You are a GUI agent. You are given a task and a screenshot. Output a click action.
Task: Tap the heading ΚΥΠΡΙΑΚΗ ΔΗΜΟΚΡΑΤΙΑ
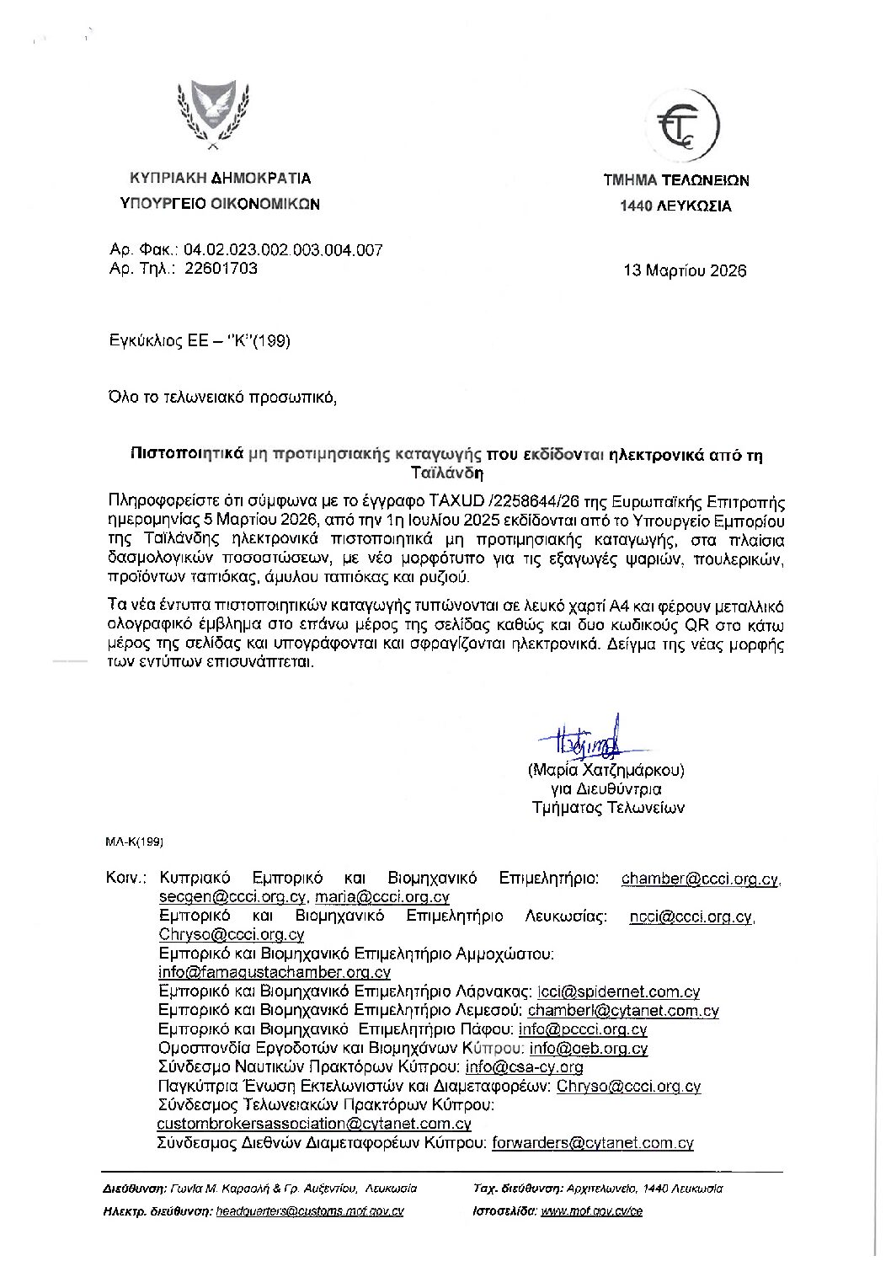tap(220, 179)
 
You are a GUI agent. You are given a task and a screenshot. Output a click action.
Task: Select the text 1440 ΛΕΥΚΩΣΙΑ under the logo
tap(675, 206)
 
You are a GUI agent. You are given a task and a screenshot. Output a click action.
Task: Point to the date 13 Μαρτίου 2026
tap(684, 271)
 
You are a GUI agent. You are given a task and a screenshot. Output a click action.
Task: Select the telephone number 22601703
tap(220, 269)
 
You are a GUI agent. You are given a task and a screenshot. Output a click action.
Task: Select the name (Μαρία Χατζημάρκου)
tap(606, 770)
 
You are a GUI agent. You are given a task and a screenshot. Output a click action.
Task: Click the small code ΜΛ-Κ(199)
tap(134, 841)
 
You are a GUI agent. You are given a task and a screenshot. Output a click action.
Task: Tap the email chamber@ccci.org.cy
tap(700, 879)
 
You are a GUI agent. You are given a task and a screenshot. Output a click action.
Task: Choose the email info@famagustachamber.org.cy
tap(274, 972)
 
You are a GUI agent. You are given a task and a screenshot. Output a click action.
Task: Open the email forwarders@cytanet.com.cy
tap(592, 1143)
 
